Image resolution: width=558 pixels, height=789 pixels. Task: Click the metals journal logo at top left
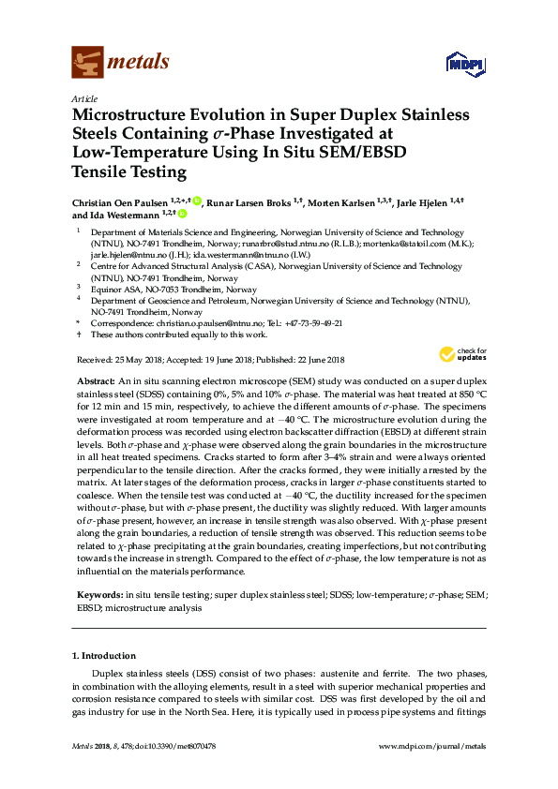(x=120, y=62)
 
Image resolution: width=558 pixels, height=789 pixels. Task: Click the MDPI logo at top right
(x=463, y=64)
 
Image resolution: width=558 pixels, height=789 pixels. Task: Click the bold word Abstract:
(x=94, y=383)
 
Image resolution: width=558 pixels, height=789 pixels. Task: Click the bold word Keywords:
(x=98, y=594)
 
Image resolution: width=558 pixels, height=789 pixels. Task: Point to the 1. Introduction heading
(x=103, y=655)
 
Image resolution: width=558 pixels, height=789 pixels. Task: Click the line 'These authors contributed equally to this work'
(x=178, y=335)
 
